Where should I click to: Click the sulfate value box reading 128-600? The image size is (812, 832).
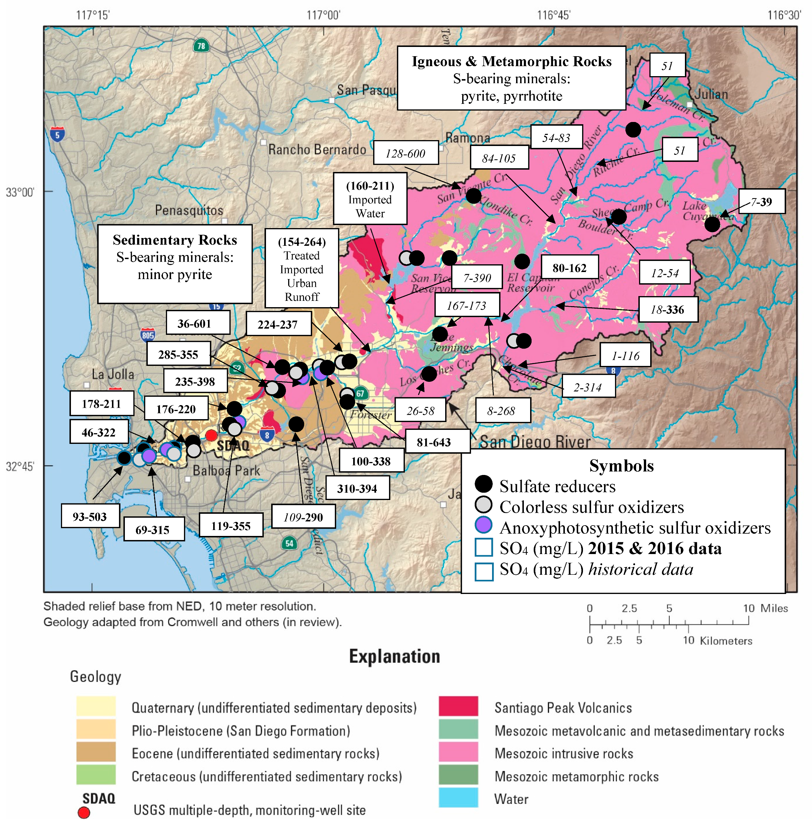406,153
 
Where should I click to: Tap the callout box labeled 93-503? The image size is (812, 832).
90,516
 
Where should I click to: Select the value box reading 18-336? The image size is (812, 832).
668,309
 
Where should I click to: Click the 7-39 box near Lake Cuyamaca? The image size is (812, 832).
762,201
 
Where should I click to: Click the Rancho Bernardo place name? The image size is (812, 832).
317,150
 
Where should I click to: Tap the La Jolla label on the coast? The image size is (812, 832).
113,375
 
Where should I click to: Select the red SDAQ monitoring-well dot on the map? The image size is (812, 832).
211,435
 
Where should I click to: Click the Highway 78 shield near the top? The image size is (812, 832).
201,46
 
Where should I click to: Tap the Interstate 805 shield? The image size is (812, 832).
147,335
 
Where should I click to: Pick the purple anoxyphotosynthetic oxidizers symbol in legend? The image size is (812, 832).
484,525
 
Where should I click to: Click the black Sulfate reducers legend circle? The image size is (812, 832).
484,484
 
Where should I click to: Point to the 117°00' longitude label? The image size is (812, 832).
323,16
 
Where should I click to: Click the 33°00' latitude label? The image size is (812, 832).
20,193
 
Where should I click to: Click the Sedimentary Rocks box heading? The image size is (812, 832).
175,240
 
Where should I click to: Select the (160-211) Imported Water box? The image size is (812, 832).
370,199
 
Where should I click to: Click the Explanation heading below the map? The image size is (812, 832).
395,656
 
